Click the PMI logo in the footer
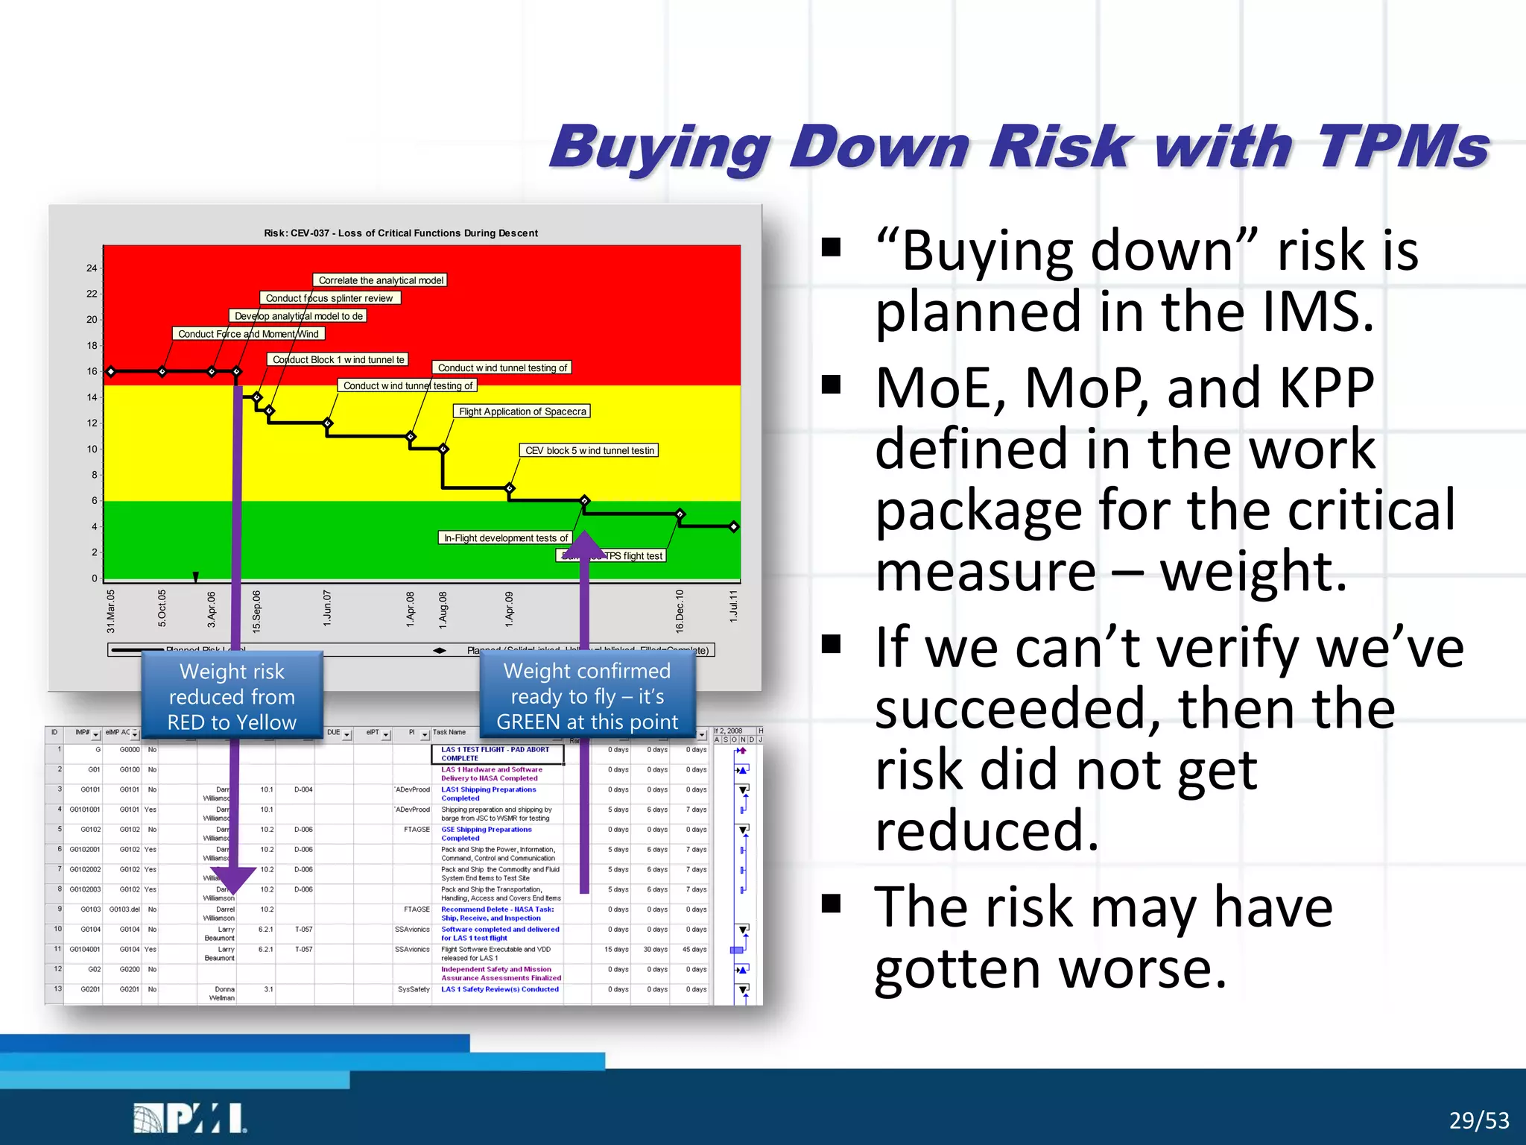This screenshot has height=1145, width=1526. (x=190, y=1118)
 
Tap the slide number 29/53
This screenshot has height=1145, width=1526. (x=1478, y=1120)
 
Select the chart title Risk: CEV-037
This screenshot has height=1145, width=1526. (x=400, y=233)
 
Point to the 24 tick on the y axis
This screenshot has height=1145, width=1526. (x=92, y=268)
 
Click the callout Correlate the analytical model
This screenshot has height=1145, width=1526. (x=380, y=280)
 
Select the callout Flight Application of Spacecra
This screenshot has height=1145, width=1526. (x=522, y=411)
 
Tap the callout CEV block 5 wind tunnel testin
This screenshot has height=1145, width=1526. (x=589, y=450)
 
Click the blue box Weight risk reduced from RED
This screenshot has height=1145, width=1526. (x=232, y=696)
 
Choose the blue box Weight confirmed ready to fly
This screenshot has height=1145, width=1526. (x=586, y=696)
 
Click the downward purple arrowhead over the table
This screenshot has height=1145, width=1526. (x=233, y=880)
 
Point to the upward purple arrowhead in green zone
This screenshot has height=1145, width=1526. (x=585, y=544)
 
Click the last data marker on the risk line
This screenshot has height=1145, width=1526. (x=734, y=527)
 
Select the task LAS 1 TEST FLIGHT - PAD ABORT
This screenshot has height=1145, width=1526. (x=495, y=754)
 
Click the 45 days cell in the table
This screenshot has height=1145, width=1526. (x=695, y=950)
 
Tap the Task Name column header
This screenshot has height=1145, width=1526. (x=449, y=732)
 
